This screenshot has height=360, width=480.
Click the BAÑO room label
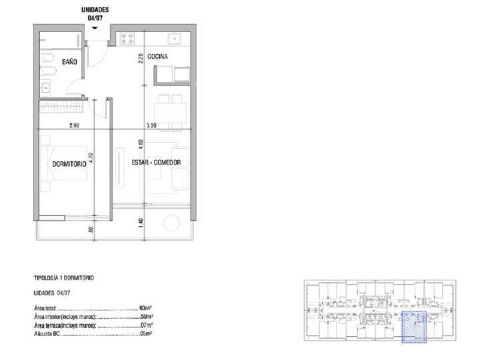(69, 61)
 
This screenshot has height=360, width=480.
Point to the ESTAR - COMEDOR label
(148, 162)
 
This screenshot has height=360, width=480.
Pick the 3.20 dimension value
(153, 124)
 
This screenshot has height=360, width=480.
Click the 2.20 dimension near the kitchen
(141, 58)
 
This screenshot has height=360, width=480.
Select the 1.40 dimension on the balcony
(141, 222)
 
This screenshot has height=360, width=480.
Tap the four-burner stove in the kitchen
(128, 38)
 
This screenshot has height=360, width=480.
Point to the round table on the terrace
(170, 220)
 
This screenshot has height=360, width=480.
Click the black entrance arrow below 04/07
(95, 28)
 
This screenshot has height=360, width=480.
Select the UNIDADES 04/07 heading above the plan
(95, 14)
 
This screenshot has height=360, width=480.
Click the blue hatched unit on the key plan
(414, 327)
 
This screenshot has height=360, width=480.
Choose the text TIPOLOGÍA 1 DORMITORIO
(63, 277)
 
